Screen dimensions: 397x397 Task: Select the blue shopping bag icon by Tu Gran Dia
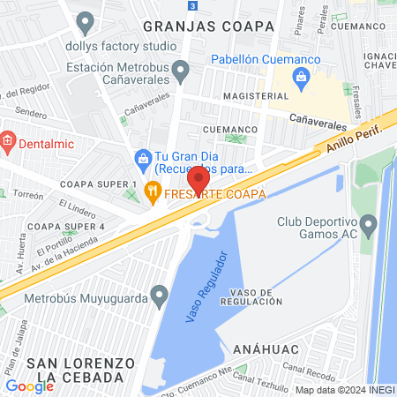tap(142, 160)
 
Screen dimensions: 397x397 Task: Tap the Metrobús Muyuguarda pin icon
tap(159, 293)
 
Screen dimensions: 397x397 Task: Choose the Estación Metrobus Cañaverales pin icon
tap(181, 68)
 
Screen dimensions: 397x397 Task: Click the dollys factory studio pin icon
tap(86, 20)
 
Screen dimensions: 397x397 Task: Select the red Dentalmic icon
tap(7, 139)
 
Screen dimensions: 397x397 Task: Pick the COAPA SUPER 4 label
tap(66, 227)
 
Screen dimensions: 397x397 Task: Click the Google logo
tap(29, 386)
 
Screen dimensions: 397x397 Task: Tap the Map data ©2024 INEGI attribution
tap(344, 390)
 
